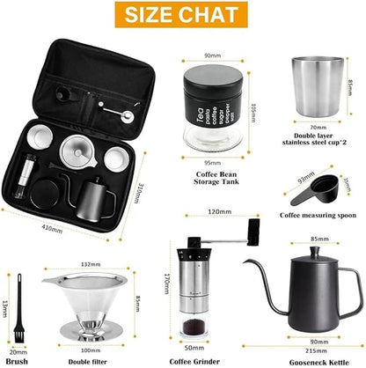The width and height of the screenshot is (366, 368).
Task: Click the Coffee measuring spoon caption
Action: coord(318,214)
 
